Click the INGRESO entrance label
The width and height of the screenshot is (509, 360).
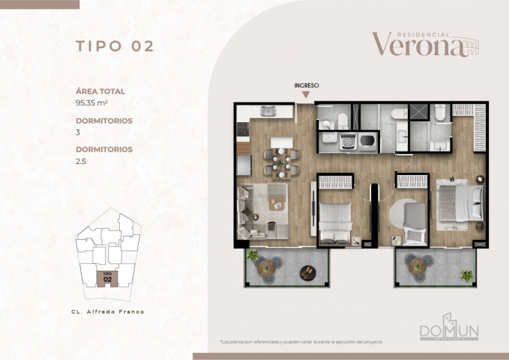click(306, 85)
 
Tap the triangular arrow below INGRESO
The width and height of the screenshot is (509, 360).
click(306, 95)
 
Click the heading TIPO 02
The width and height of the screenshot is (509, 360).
click(114, 47)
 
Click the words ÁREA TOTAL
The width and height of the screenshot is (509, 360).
click(100, 91)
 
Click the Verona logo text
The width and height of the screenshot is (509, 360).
click(418, 45)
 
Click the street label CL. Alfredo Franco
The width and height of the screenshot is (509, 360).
click(108, 312)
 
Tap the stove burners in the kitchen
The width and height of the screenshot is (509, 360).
click(242, 129)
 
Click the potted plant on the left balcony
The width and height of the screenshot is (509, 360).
click(252, 255)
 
